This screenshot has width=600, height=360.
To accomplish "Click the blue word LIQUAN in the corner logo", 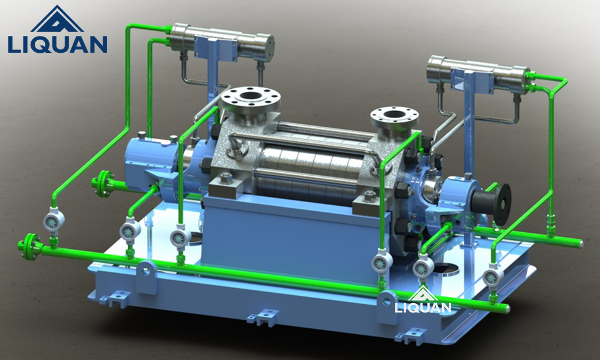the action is (x=57, y=44).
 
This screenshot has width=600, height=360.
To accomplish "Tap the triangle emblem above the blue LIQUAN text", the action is (x=57, y=19).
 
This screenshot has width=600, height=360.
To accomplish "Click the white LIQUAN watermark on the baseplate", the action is (x=423, y=307).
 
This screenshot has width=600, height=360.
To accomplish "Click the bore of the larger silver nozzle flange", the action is (x=250, y=95).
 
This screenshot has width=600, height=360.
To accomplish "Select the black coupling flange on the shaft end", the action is (x=502, y=204).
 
